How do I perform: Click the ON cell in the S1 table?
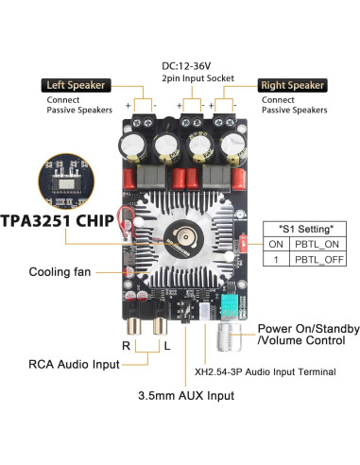tap(275, 243)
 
